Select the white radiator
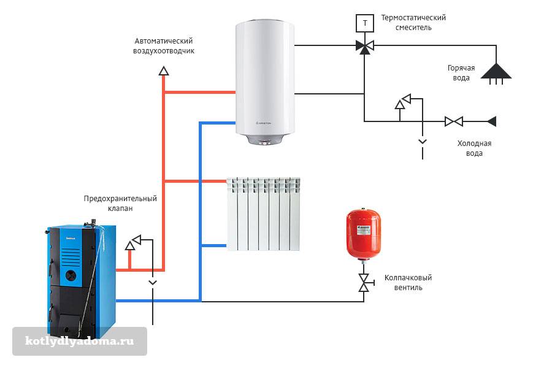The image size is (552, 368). (x=263, y=214)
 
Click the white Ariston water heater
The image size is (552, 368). (x=265, y=80)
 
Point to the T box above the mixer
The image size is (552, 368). (x=365, y=23)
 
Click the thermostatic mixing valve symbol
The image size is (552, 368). (x=365, y=46)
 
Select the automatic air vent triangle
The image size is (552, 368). (x=164, y=71)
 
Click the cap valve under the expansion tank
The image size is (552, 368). (x=364, y=282)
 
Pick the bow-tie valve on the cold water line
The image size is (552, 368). (x=454, y=121)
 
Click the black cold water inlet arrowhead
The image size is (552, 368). (x=491, y=121)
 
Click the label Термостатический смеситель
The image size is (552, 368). (x=413, y=23)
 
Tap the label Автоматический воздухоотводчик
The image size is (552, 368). (x=164, y=46)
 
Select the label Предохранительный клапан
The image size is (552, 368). (x=120, y=204)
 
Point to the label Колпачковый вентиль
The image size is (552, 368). (x=404, y=283)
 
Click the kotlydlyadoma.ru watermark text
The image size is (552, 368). (x=79, y=340)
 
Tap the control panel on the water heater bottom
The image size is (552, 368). (x=266, y=143)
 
